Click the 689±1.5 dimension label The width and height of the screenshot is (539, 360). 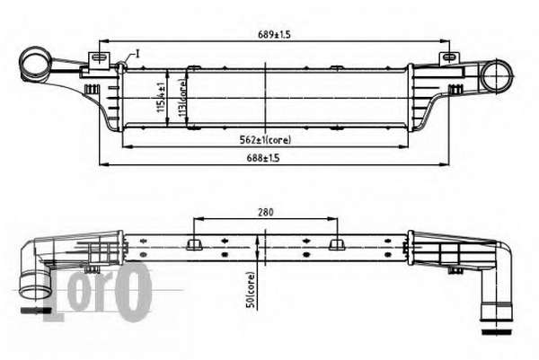274,34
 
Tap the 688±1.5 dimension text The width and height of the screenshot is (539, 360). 263,158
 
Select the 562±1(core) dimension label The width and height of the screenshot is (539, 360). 265,140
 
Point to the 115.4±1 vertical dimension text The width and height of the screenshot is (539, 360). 161,97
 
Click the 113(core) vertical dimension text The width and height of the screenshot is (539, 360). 182,98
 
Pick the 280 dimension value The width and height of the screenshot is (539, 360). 266,212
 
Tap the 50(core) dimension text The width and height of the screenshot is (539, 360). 252,290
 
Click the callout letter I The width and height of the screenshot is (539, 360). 137,54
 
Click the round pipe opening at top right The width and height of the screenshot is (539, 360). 497,76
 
